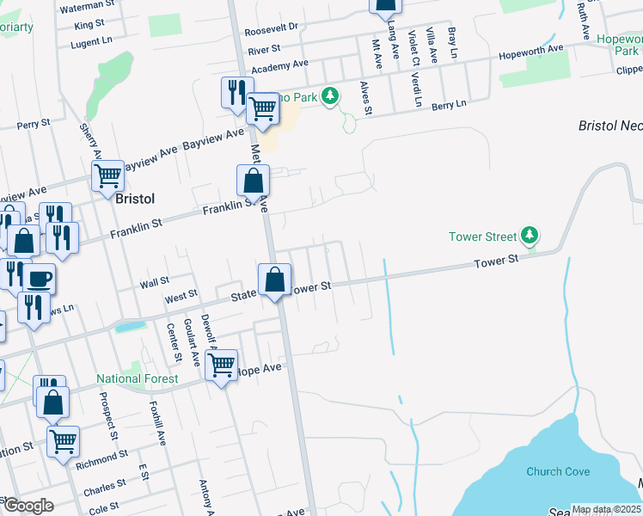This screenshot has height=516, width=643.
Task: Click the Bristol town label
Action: [x=134, y=199]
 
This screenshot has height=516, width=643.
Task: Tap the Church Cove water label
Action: [x=558, y=471]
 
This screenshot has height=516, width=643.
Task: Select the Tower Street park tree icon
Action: [x=530, y=236]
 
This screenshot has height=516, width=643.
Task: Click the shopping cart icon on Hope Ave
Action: [x=223, y=365]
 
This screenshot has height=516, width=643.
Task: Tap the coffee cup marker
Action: [x=38, y=279]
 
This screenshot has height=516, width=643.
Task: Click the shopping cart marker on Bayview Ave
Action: [x=108, y=175]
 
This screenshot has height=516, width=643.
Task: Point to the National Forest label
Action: [x=138, y=378]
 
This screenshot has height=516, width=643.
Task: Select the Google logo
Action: [x=28, y=506]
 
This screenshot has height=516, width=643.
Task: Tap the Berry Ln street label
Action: [x=449, y=103]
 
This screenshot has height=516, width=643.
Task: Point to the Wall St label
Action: [x=155, y=282]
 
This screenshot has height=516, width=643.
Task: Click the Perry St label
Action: [x=34, y=125]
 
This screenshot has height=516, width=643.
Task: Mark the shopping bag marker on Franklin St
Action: [x=254, y=181]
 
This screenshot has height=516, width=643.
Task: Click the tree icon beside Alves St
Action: [x=329, y=97]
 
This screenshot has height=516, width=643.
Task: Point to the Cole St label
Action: [x=104, y=509]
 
